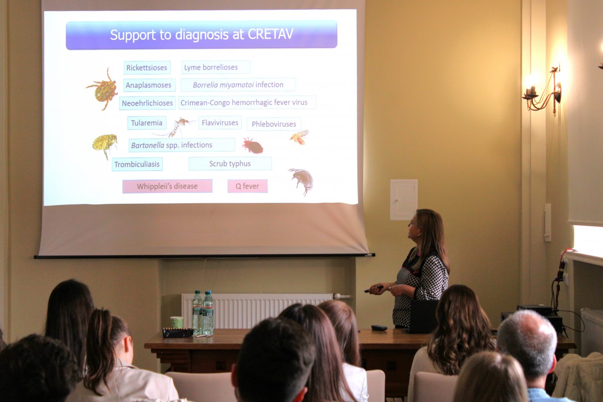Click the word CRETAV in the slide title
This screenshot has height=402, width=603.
(270, 34)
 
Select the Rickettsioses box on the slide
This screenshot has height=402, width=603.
(147, 67)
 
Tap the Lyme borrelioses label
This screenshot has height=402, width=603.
(216, 67)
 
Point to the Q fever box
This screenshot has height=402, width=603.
(247, 186)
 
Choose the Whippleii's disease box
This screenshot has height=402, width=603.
(167, 186)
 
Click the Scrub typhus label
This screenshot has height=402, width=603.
(230, 164)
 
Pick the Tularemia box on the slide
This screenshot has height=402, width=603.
(147, 123)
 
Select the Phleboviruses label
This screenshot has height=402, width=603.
(274, 124)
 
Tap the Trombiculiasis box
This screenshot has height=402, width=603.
(137, 164)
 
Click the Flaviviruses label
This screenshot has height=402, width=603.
(220, 123)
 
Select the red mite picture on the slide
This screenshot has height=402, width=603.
(252, 146)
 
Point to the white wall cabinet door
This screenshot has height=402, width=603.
(404, 200)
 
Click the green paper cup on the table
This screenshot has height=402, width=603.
(176, 323)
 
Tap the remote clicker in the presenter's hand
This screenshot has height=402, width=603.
(373, 289)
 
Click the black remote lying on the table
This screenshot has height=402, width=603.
(379, 328)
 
